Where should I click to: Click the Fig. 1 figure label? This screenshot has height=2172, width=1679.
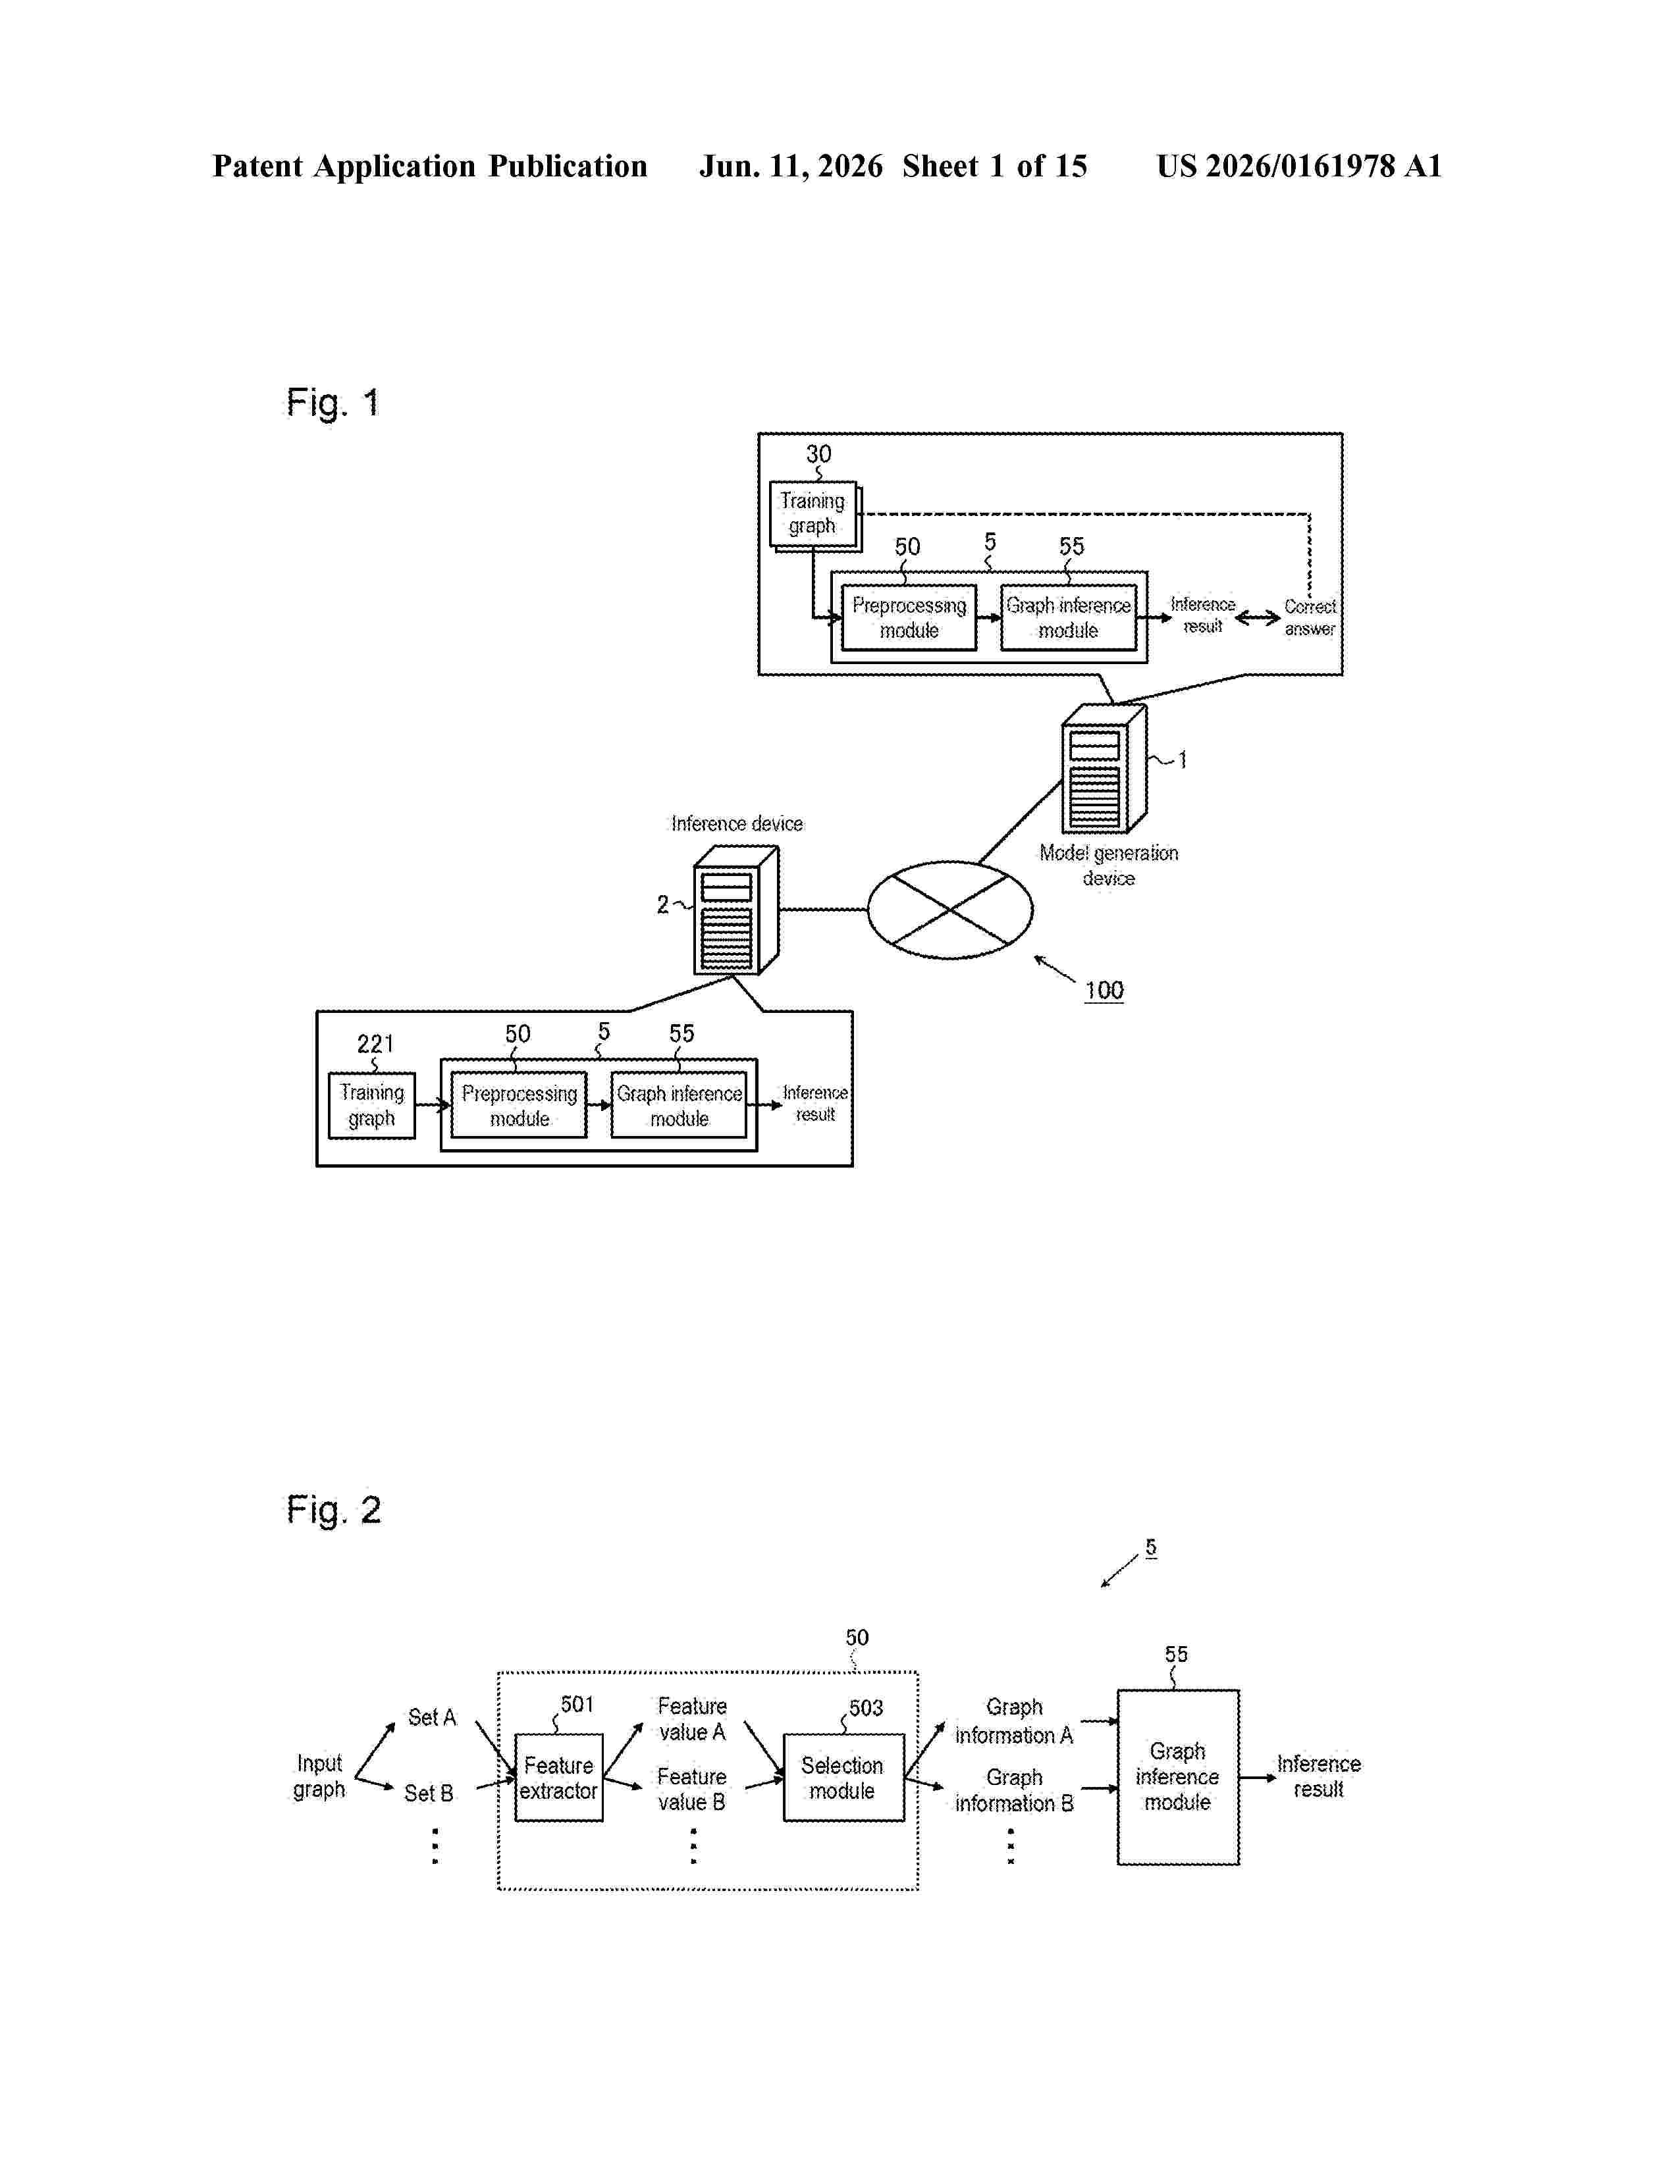coord(333,403)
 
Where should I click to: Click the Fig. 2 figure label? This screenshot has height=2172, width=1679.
coord(333,1510)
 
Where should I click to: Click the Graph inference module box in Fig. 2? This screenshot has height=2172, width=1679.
coord(1178,1777)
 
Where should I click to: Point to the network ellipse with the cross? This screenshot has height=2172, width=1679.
coord(950,910)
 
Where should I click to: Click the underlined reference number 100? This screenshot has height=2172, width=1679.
coord(1104,991)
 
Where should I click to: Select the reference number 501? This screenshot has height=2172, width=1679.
coord(577,1705)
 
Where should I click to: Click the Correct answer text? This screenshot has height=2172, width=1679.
coord(1310,617)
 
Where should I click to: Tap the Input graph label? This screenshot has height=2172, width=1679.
coord(319,1776)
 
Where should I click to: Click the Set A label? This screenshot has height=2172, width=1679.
coord(432,1717)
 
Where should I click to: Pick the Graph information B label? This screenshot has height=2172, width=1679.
coord(1015,1790)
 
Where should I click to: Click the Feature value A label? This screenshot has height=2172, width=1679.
coord(692,1719)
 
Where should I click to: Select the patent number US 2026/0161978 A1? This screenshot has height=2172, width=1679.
coord(1299,166)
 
